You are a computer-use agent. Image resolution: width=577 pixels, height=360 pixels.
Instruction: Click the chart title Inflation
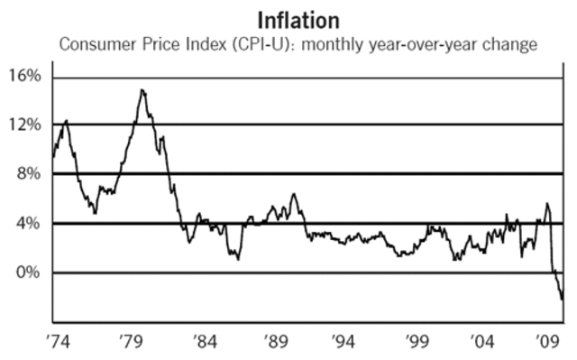click(298, 19)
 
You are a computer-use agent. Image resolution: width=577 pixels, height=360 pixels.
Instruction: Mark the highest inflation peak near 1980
click(142, 89)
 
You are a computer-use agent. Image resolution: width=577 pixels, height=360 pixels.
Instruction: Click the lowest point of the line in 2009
click(562, 299)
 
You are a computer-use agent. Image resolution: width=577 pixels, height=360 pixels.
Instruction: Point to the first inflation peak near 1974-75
click(66, 120)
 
